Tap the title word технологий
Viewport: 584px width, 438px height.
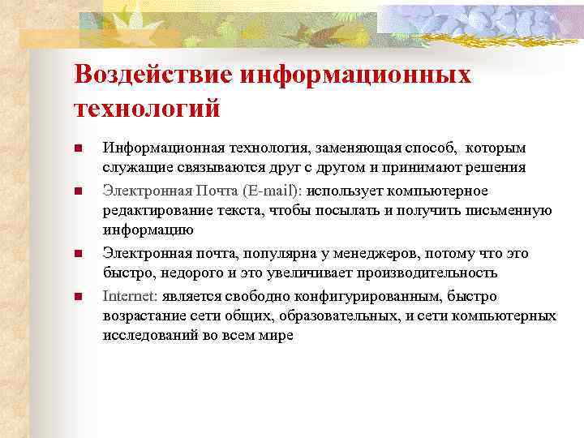coord(147,108)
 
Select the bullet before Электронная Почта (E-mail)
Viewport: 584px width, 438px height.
coord(78,191)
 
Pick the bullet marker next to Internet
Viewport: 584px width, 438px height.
coord(78,297)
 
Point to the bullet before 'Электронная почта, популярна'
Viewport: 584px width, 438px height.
coord(78,255)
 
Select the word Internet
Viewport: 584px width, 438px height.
coord(130,296)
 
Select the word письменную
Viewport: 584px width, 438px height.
coord(509,211)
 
